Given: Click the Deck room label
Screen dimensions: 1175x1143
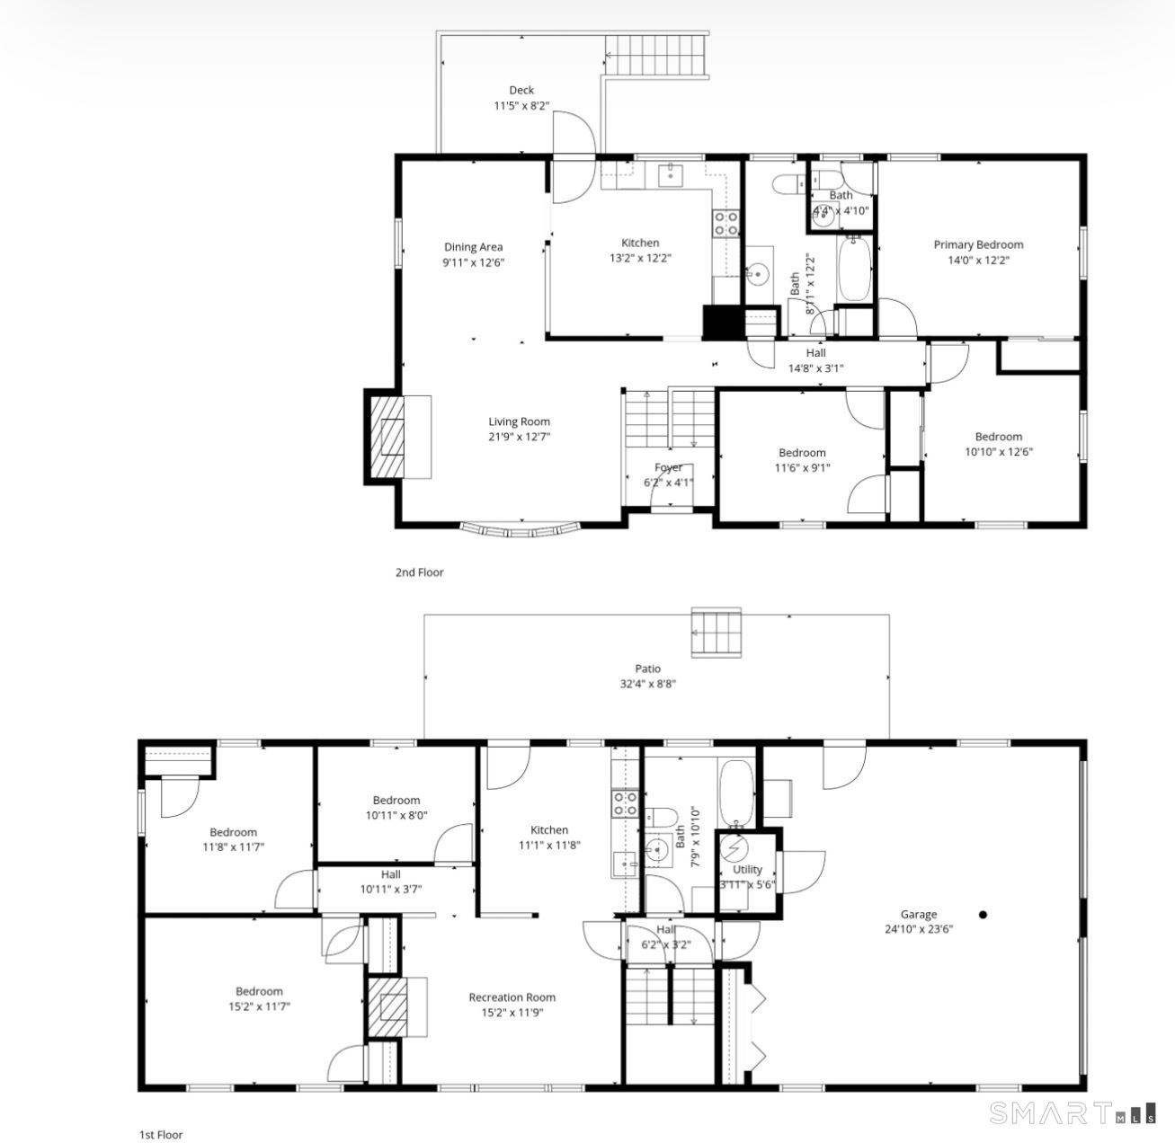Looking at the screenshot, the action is [x=521, y=91].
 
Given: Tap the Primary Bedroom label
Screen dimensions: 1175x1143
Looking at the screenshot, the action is [x=978, y=244].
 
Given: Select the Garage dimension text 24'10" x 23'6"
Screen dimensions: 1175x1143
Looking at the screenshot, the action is [x=919, y=930].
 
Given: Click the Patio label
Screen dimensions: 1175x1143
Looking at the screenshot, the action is [x=647, y=669].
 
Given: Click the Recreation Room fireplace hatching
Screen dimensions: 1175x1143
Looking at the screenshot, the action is [x=387, y=1007].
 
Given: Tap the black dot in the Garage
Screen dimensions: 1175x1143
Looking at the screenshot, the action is [x=983, y=915].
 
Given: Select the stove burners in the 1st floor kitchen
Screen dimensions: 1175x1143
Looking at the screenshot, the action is [x=625, y=804].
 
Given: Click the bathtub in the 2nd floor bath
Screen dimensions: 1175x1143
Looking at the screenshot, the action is [x=854, y=270].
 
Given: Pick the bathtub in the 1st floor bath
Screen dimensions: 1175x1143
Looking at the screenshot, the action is [x=736, y=793].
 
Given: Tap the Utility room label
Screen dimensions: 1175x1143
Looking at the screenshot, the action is [x=747, y=870].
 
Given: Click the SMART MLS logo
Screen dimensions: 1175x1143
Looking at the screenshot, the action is [x=1073, y=1113].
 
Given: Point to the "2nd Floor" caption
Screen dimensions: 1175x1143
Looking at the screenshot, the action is [x=419, y=572].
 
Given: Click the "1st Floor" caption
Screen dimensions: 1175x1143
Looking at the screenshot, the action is [x=161, y=1135].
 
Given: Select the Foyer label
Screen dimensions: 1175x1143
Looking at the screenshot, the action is [x=668, y=467].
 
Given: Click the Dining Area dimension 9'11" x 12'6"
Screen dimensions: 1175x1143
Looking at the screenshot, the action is [x=473, y=262].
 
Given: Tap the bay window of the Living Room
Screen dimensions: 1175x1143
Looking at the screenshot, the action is [x=520, y=530].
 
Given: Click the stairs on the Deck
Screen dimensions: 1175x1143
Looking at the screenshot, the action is [x=656, y=56].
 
